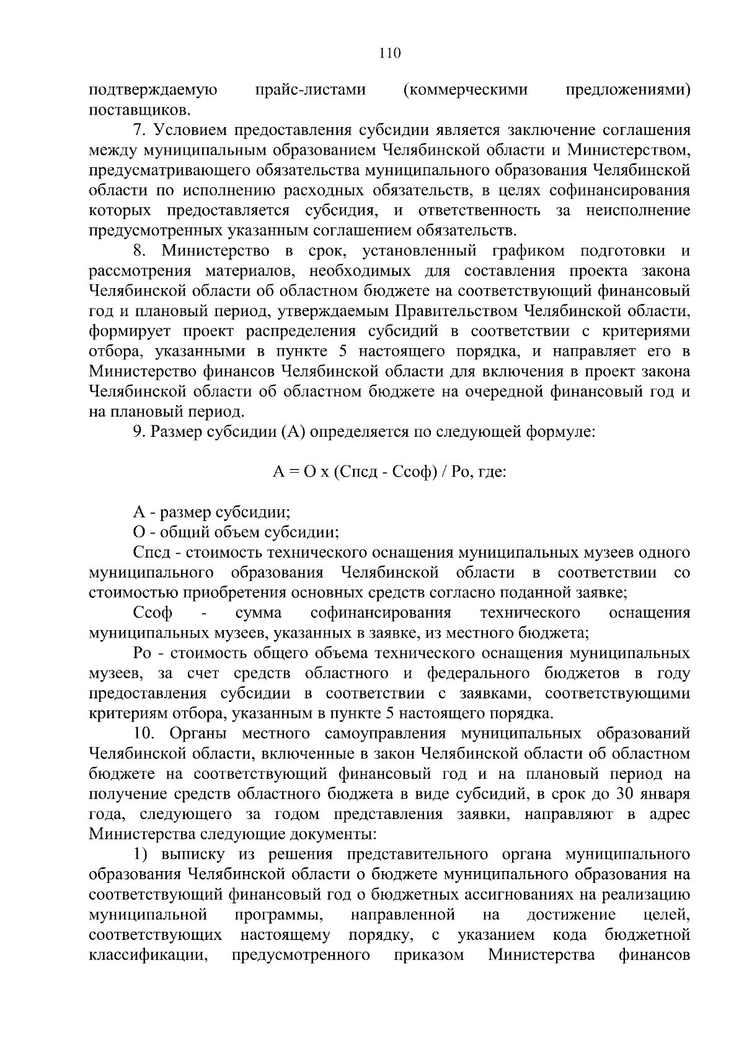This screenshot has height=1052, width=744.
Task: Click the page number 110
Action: point(390,53)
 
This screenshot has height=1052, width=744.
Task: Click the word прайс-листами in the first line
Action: point(310,90)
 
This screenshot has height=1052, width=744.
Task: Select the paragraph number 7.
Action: point(139,131)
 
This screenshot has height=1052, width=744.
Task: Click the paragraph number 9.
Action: point(139,432)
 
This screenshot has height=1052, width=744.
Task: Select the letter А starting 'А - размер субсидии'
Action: point(139,512)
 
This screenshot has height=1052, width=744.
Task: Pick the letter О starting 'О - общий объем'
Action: point(139,532)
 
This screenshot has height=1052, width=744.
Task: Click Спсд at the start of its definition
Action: point(149,553)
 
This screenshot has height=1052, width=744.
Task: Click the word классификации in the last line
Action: point(148,955)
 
